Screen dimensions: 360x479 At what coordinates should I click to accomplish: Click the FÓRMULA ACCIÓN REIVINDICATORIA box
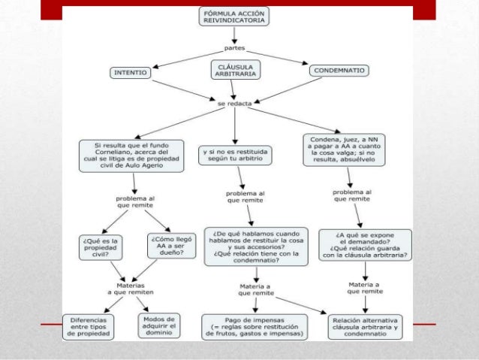pyautogui.click(x=234, y=17)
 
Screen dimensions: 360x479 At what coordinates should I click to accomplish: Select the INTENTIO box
pyautogui.click(x=130, y=73)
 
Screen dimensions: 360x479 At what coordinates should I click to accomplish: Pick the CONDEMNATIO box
pyautogui.click(x=339, y=71)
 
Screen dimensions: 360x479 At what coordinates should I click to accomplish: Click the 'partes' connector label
pyautogui.click(x=234, y=47)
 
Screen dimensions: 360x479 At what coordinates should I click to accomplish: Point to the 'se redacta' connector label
pyautogui.click(x=234, y=104)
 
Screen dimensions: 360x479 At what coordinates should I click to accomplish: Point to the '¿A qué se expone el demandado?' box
pyautogui.click(x=364, y=244)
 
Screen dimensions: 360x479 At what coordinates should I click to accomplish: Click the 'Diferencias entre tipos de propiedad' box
pyautogui.click(x=89, y=326)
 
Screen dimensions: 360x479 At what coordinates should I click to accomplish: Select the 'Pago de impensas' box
pyautogui.click(x=255, y=327)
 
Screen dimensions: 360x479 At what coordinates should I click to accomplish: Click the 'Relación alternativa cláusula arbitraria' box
pyautogui.click(x=366, y=326)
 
